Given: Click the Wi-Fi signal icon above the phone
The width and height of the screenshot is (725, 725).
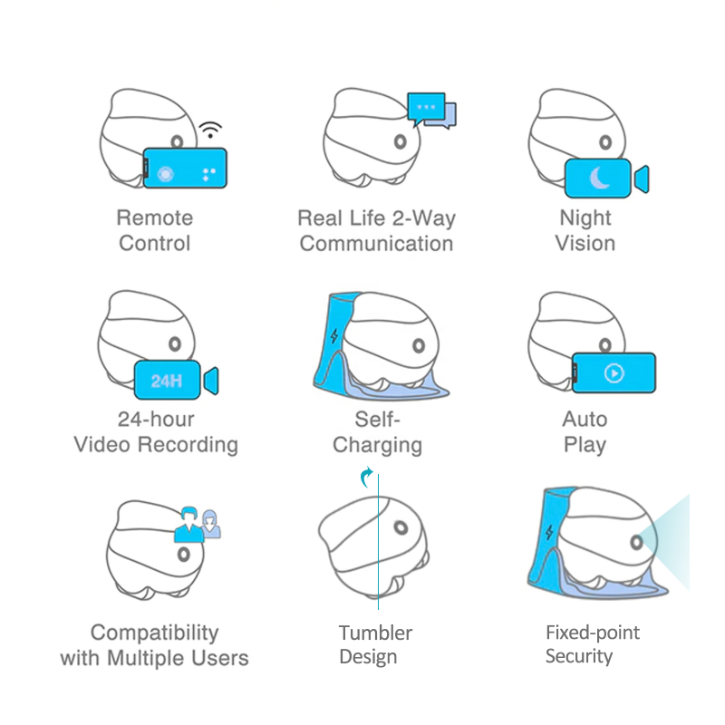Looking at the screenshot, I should [x=211, y=130].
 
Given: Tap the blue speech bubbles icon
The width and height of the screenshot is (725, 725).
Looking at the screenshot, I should [x=431, y=110].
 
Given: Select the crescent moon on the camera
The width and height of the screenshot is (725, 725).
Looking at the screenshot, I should [x=600, y=179].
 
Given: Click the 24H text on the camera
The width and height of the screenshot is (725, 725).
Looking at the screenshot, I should [x=167, y=381].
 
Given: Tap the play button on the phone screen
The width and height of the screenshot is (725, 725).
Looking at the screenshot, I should [x=614, y=372].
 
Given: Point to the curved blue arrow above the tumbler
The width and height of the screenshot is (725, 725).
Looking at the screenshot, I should [x=366, y=478].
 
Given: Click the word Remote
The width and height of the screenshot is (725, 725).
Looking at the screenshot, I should [x=155, y=217].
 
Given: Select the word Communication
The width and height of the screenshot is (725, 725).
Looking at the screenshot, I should [x=376, y=243].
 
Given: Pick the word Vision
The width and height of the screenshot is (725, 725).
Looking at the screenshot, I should [x=585, y=243].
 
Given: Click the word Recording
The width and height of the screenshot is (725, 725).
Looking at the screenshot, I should [x=193, y=444].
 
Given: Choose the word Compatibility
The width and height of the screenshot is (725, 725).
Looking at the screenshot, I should [x=155, y=632].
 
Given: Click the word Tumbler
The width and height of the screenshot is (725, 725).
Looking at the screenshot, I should [x=375, y=633].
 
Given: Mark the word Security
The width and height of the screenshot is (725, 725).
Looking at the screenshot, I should [x=579, y=656].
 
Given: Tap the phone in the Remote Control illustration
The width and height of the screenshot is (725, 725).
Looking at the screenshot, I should [x=186, y=169].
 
